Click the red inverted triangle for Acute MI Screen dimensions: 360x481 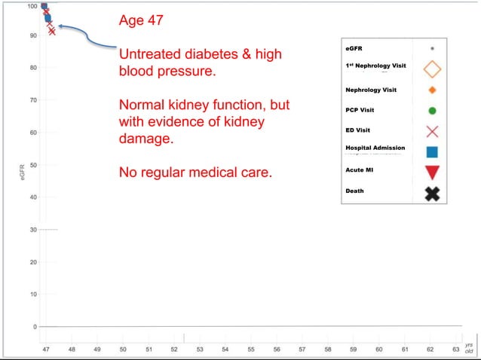(x=432, y=172)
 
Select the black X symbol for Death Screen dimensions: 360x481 (x=432, y=194)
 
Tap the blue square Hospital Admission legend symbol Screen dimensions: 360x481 (x=432, y=151)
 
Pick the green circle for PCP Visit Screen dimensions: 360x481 (x=432, y=111)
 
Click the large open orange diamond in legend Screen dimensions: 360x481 (x=432, y=69)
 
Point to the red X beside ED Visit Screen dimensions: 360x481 (x=432, y=131)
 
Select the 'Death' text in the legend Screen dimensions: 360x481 (x=354, y=191)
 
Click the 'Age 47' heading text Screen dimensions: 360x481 (x=140, y=20)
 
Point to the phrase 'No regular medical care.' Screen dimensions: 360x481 (x=195, y=173)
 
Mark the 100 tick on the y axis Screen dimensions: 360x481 (x=32, y=6)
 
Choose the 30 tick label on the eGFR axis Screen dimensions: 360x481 (x=32, y=229)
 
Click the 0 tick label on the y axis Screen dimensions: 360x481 (x=34, y=327)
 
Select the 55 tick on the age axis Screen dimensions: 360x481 (x=250, y=349)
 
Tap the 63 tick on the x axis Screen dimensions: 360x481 (x=455, y=349)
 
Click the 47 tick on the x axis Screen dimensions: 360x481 (x=45, y=349)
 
